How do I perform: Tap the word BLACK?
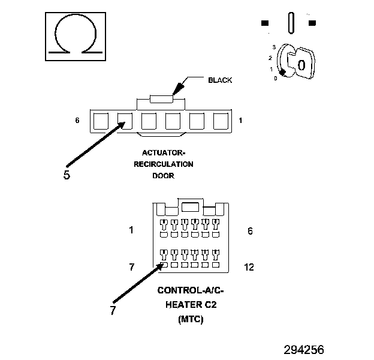(x=220, y=80)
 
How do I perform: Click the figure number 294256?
(x=304, y=349)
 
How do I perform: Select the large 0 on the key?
(x=301, y=65)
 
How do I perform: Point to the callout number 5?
(x=67, y=175)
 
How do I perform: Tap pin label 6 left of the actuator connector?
(x=77, y=121)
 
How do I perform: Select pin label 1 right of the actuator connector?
(x=240, y=121)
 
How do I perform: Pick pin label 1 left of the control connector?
(x=131, y=230)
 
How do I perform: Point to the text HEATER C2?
(x=191, y=305)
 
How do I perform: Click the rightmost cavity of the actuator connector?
(x=221, y=122)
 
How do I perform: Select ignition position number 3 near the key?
(x=274, y=46)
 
